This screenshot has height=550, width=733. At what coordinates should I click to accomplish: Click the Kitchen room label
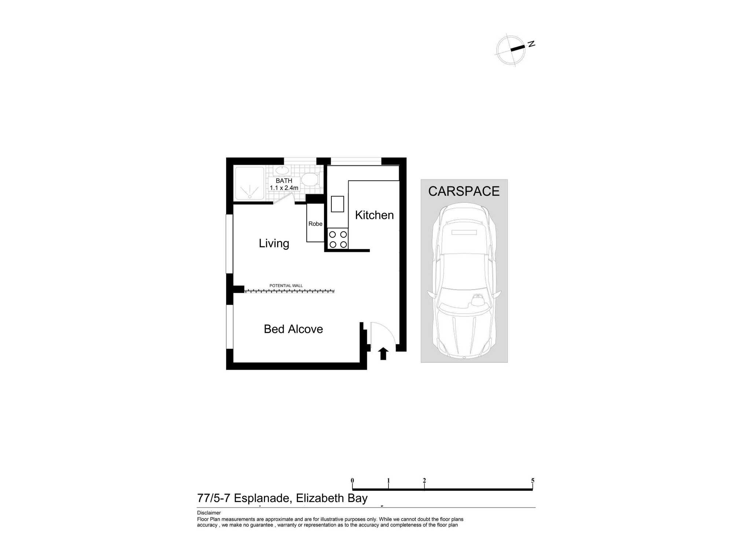click(374, 215)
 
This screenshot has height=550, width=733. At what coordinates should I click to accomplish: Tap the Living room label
click(274, 243)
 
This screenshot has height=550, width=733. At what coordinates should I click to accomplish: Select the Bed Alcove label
click(293, 329)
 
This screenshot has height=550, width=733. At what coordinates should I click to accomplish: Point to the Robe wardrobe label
click(315, 224)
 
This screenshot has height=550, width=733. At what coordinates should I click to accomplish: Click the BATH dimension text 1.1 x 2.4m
click(284, 188)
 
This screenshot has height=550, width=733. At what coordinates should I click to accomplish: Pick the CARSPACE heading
click(464, 191)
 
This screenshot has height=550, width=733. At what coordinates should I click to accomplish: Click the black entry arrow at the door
click(383, 353)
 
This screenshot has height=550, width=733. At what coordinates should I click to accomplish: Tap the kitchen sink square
click(338, 204)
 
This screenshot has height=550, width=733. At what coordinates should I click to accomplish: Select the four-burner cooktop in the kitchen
click(338, 239)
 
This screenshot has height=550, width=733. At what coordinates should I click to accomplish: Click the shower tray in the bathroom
click(250, 184)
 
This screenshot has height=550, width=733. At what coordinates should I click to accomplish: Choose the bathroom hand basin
click(282, 170)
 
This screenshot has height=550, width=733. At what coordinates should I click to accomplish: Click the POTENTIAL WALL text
click(286, 286)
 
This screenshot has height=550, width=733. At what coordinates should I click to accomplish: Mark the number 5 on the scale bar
click(533, 480)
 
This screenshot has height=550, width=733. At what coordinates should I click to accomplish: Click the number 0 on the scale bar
click(352, 480)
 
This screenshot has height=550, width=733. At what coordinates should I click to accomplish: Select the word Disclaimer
click(209, 513)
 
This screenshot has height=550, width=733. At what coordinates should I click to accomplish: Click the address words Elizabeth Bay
click(332, 498)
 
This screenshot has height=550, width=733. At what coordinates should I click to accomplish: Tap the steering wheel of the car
click(477, 300)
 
